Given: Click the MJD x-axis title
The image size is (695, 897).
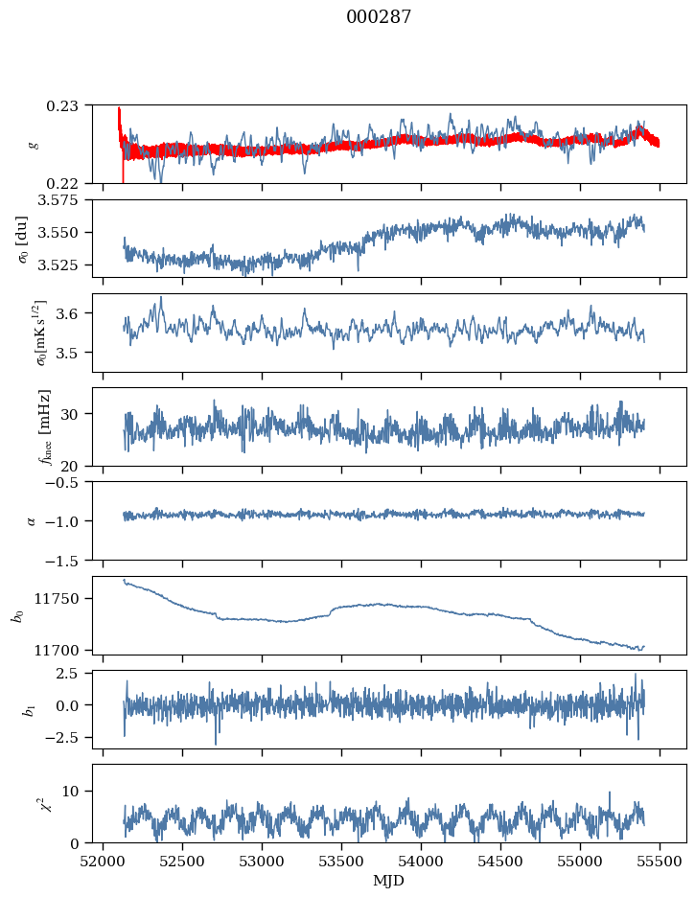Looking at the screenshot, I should [388, 880].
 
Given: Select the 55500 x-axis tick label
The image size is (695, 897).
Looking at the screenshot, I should [659, 860].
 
